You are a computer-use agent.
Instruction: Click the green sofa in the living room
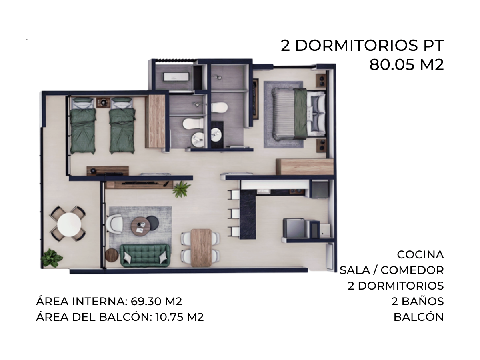(145, 255)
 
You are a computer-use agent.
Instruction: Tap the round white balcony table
(69, 224)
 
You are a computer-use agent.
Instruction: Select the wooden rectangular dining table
(201, 248)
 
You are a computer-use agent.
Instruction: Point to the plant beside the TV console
(181, 189)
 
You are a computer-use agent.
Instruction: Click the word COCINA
(420, 255)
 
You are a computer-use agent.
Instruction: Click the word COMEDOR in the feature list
(412, 270)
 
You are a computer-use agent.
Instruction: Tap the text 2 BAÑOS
(418, 302)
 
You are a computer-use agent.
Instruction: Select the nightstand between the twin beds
(103, 102)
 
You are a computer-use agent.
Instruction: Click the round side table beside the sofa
(112, 255)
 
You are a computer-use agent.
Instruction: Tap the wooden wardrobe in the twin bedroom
(156, 121)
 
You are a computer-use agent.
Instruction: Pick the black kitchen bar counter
(248, 214)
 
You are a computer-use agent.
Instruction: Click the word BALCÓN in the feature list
(418, 317)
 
